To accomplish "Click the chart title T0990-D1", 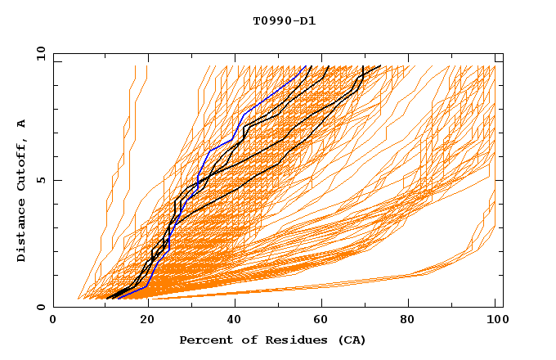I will coord(284,20).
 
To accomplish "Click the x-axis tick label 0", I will coord(53,320).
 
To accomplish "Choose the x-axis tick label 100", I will coord(495,320).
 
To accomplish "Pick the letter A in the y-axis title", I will coord(22,124).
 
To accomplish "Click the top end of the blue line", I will coord(308,66).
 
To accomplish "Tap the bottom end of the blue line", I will coord(118,299).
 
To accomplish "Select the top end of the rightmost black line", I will coord(380,66).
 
